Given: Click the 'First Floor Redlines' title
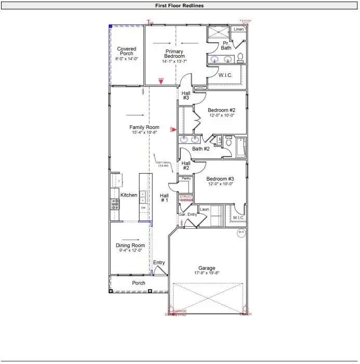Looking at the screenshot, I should [x=179, y=5].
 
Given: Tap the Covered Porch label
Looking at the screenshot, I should [x=126, y=51].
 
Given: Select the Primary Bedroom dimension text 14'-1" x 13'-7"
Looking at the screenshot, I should [x=175, y=61].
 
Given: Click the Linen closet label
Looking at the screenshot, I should [x=238, y=29].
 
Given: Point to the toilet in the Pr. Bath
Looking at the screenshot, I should [x=241, y=57].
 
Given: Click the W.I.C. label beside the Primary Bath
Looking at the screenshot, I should [x=225, y=75].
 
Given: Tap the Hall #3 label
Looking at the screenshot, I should [x=185, y=95].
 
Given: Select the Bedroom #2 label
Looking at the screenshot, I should [x=221, y=110].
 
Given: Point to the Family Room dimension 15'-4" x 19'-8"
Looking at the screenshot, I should [x=144, y=133].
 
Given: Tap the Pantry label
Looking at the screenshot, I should [x=186, y=178].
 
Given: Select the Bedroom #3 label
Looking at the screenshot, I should [x=220, y=178].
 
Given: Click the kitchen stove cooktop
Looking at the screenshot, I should [x=115, y=204].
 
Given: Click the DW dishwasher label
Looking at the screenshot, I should [x=143, y=207].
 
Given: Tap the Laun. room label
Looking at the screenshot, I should [x=204, y=209].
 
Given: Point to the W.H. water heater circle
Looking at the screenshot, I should [x=241, y=232].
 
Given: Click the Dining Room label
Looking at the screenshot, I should [x=130, y=245].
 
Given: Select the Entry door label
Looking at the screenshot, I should [x=159, y=263].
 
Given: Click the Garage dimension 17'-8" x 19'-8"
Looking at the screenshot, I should [x=206, y=273].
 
